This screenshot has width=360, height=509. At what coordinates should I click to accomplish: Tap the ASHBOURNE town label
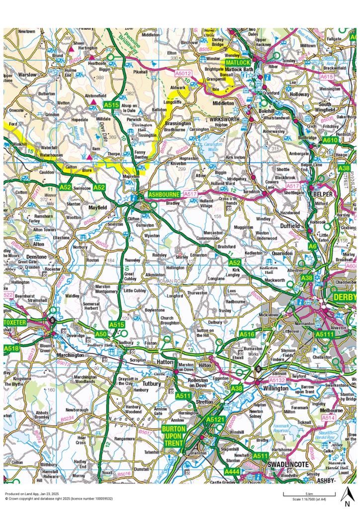click(160, 194)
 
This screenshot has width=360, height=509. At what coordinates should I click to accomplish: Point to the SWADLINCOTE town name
click(288, 464)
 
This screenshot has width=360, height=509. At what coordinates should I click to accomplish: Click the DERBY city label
click(345, 297)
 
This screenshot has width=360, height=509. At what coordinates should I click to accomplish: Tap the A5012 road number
click(183, 74)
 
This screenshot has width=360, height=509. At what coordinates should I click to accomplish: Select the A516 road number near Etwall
click(247, 335)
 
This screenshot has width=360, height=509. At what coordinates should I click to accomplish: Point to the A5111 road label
click(324, 335)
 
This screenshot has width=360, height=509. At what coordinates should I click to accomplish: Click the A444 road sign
click(232, 471)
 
